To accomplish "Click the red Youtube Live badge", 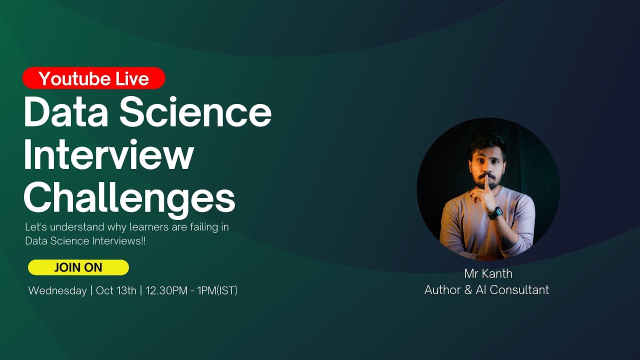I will click(x=93, y=78).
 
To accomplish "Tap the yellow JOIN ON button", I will click(x=78, y=267).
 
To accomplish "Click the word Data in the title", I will click(x=65, y=113).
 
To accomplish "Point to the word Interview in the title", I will click(x=108, y=155).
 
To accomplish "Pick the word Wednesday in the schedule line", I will click(x=57, y=291).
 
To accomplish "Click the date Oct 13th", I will click(x=116, y=291).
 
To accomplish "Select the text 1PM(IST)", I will click(x=218, y=291).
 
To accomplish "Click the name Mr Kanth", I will click(x=488, y=273).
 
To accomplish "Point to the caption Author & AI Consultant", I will click(x=486, y=289).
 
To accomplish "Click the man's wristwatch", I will click(x=494, y=212).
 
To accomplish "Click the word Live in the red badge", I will click(x=132, y=78).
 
